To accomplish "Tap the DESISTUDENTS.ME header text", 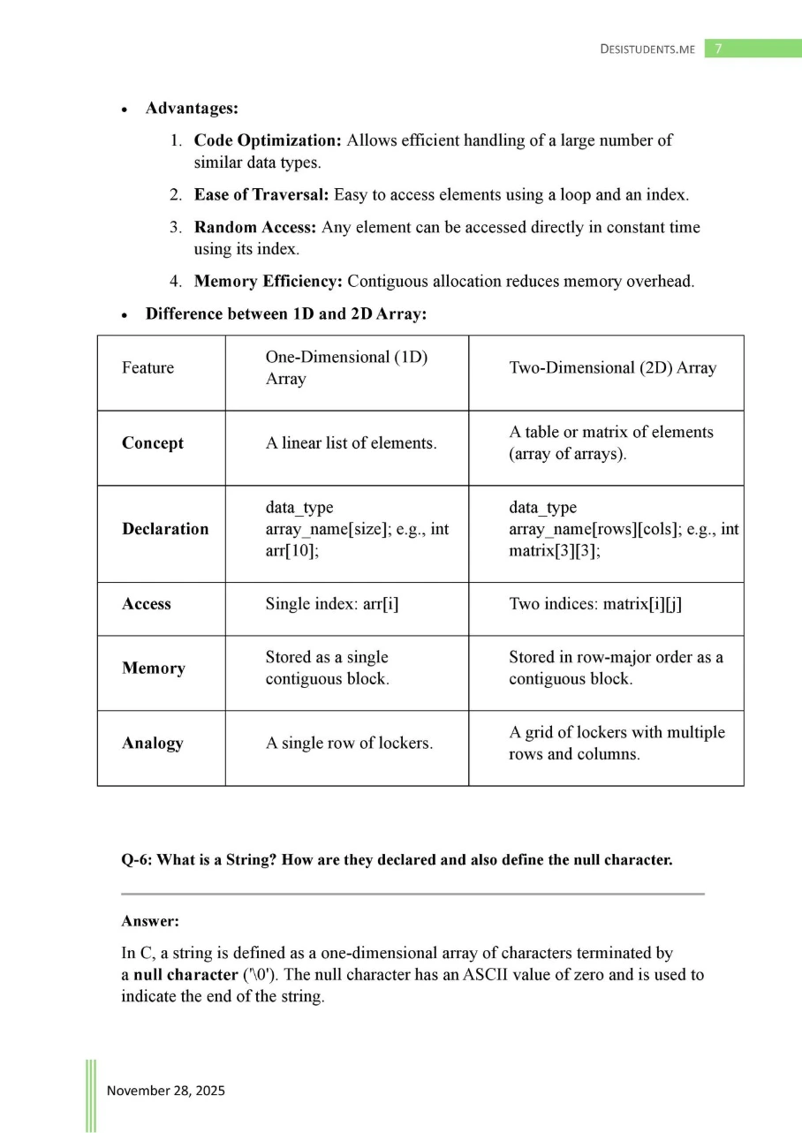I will click(647, 49).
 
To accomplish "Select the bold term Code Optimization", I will click(268, 140).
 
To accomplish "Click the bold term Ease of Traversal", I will click(261, 195).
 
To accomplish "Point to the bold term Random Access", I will click(256, 228).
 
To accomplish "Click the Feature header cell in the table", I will click(148, 368).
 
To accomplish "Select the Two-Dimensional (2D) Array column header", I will click(612, 368).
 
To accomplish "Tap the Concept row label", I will click(153, 443).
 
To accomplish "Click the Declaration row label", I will click(165, 529).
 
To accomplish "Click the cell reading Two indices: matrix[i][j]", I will click(595, 605).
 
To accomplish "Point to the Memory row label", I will click(154, 668).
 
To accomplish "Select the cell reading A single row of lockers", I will click(349, 744).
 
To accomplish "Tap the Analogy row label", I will click(153, 744).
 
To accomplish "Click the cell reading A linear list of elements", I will click(351, 443).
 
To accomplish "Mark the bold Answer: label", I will click(150, 921).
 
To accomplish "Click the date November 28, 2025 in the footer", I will click(166, 1091).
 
